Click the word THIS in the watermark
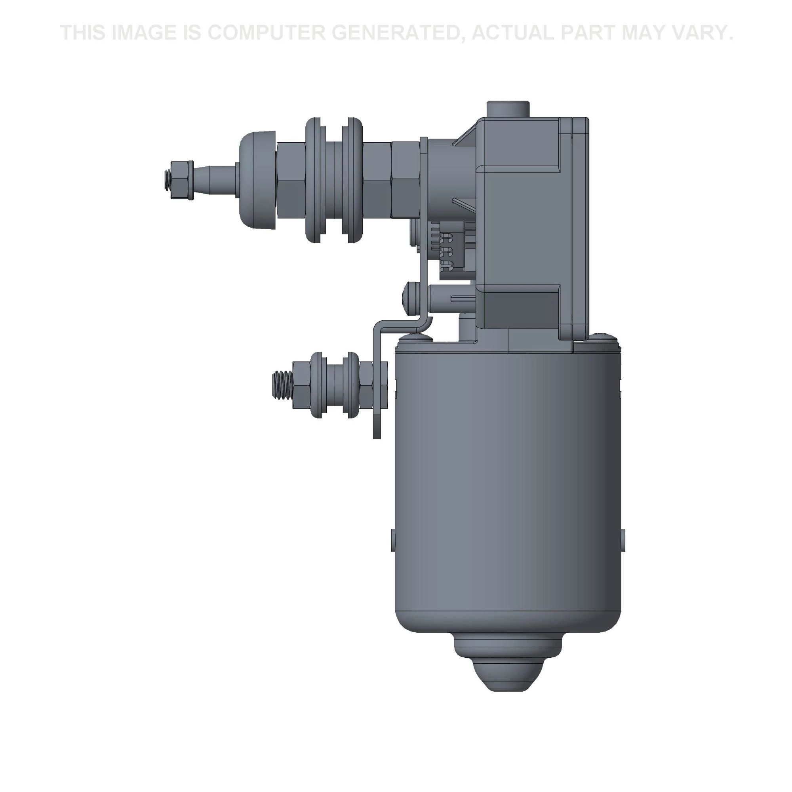pos(84,33)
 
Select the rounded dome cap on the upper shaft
pos(258,180)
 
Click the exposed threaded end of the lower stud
pos(282,385)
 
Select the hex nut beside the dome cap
pos(291,180)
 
